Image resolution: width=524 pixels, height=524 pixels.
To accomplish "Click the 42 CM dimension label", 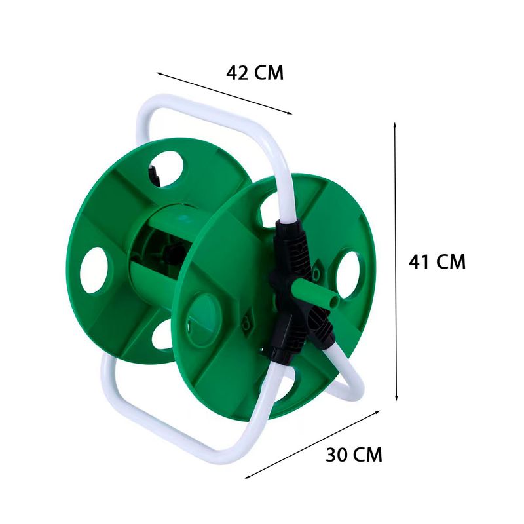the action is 255,73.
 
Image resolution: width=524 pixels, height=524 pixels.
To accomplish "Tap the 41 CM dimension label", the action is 437,261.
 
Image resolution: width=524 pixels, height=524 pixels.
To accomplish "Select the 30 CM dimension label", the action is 354,455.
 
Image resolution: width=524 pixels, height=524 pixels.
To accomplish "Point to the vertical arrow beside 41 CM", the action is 396,261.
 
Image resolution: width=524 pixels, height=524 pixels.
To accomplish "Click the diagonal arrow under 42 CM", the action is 224,93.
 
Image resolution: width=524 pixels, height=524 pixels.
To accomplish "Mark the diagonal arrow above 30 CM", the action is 312,445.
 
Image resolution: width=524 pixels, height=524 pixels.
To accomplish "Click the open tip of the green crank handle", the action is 333,301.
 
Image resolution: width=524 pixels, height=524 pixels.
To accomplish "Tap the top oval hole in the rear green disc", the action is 168,169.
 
